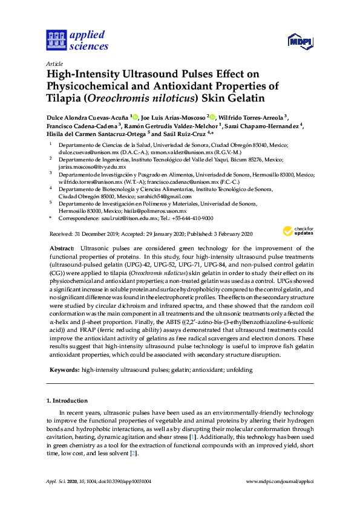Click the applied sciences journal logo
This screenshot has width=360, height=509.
(77, 40)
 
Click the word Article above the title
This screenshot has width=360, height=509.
(54, 63)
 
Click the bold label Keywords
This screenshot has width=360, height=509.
(63, 369)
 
